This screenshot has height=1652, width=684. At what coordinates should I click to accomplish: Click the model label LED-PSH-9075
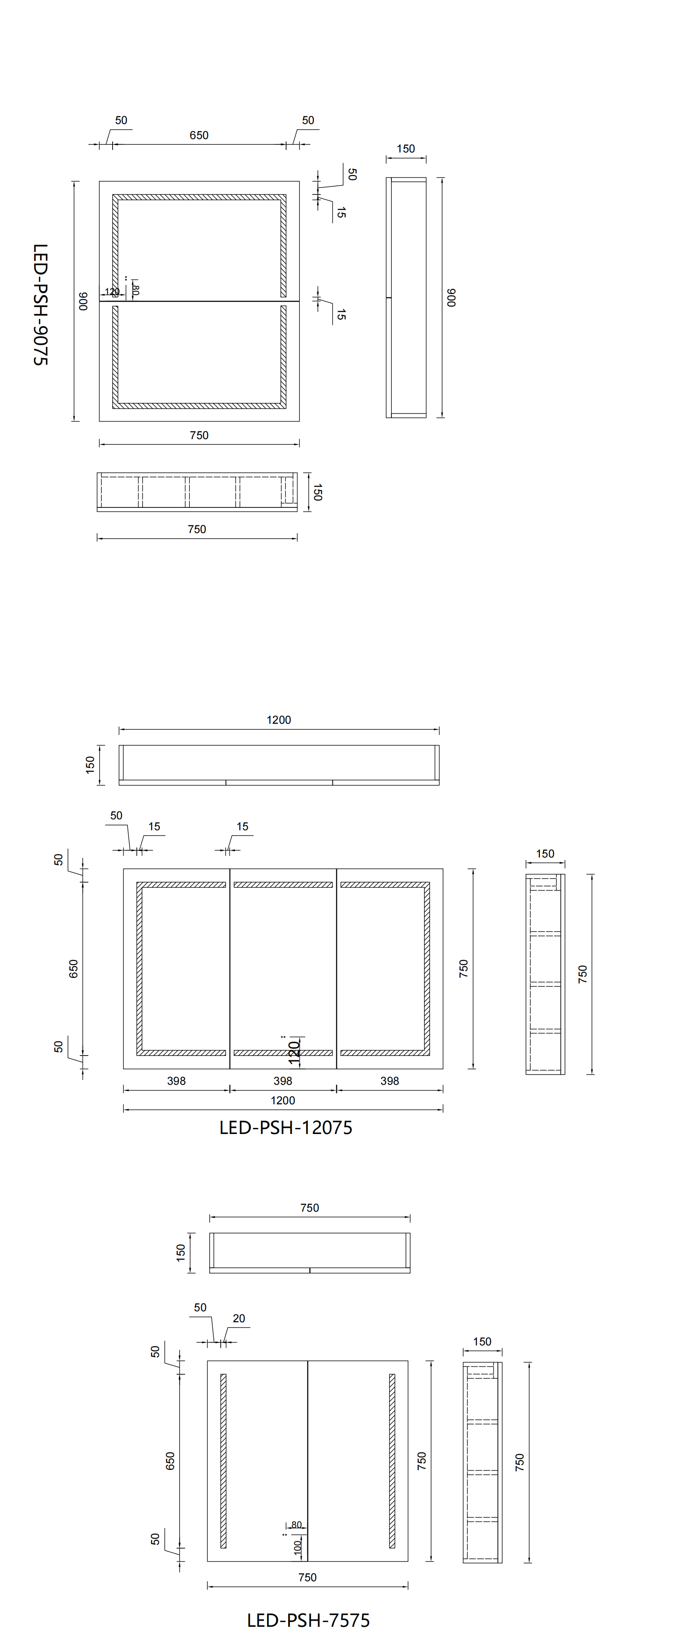pyautogui.click(x=40, y=304)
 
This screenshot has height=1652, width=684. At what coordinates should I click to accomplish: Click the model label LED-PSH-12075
pyautogui.click(x=285, y=1127)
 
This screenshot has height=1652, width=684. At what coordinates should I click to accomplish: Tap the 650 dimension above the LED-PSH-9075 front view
pyautogui.click(x=199, y=135)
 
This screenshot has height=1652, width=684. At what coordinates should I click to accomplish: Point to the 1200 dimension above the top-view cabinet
pyautogui.click(x=278, y=720)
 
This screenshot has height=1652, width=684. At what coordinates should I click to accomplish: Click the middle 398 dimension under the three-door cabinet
pyautogui.click(x=283, y=1081)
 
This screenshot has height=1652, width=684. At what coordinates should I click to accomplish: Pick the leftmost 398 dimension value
pyautogui.click(x=176, y=1081)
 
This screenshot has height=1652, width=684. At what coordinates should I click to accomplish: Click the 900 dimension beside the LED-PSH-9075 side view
pyautogui.click(x=451, y=298)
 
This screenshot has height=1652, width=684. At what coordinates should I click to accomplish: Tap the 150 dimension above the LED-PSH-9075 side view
pyautogui.click(x=405, y=149)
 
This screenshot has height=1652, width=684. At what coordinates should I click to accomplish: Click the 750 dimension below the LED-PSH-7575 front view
pyautogui.click(x=307, y=1577)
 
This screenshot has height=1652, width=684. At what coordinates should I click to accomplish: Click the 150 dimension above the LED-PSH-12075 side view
pyautogui.click(x=545, y=853)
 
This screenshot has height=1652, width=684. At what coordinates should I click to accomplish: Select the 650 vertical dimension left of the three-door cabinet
pyautogui.click(x=73, y=969)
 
